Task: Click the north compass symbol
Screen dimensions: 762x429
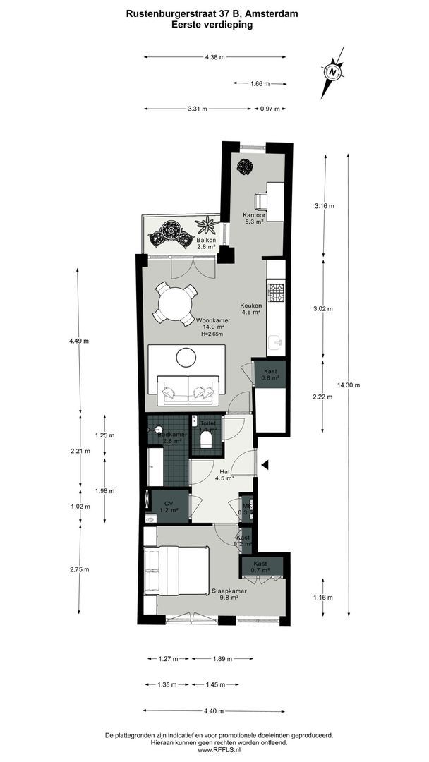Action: (332, 72)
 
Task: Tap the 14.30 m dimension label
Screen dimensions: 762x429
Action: (349, 385)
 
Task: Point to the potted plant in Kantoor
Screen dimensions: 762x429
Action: (245, 167)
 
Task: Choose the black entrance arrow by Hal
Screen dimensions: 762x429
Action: (266, 464)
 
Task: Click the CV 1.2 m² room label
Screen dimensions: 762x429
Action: (169, 507)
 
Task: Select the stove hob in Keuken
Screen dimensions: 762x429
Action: (276, 289)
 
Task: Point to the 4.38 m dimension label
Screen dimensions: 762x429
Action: (214, 57)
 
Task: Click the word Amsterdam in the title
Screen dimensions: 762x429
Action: (273, 12)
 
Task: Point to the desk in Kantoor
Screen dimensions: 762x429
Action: (274, 200)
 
